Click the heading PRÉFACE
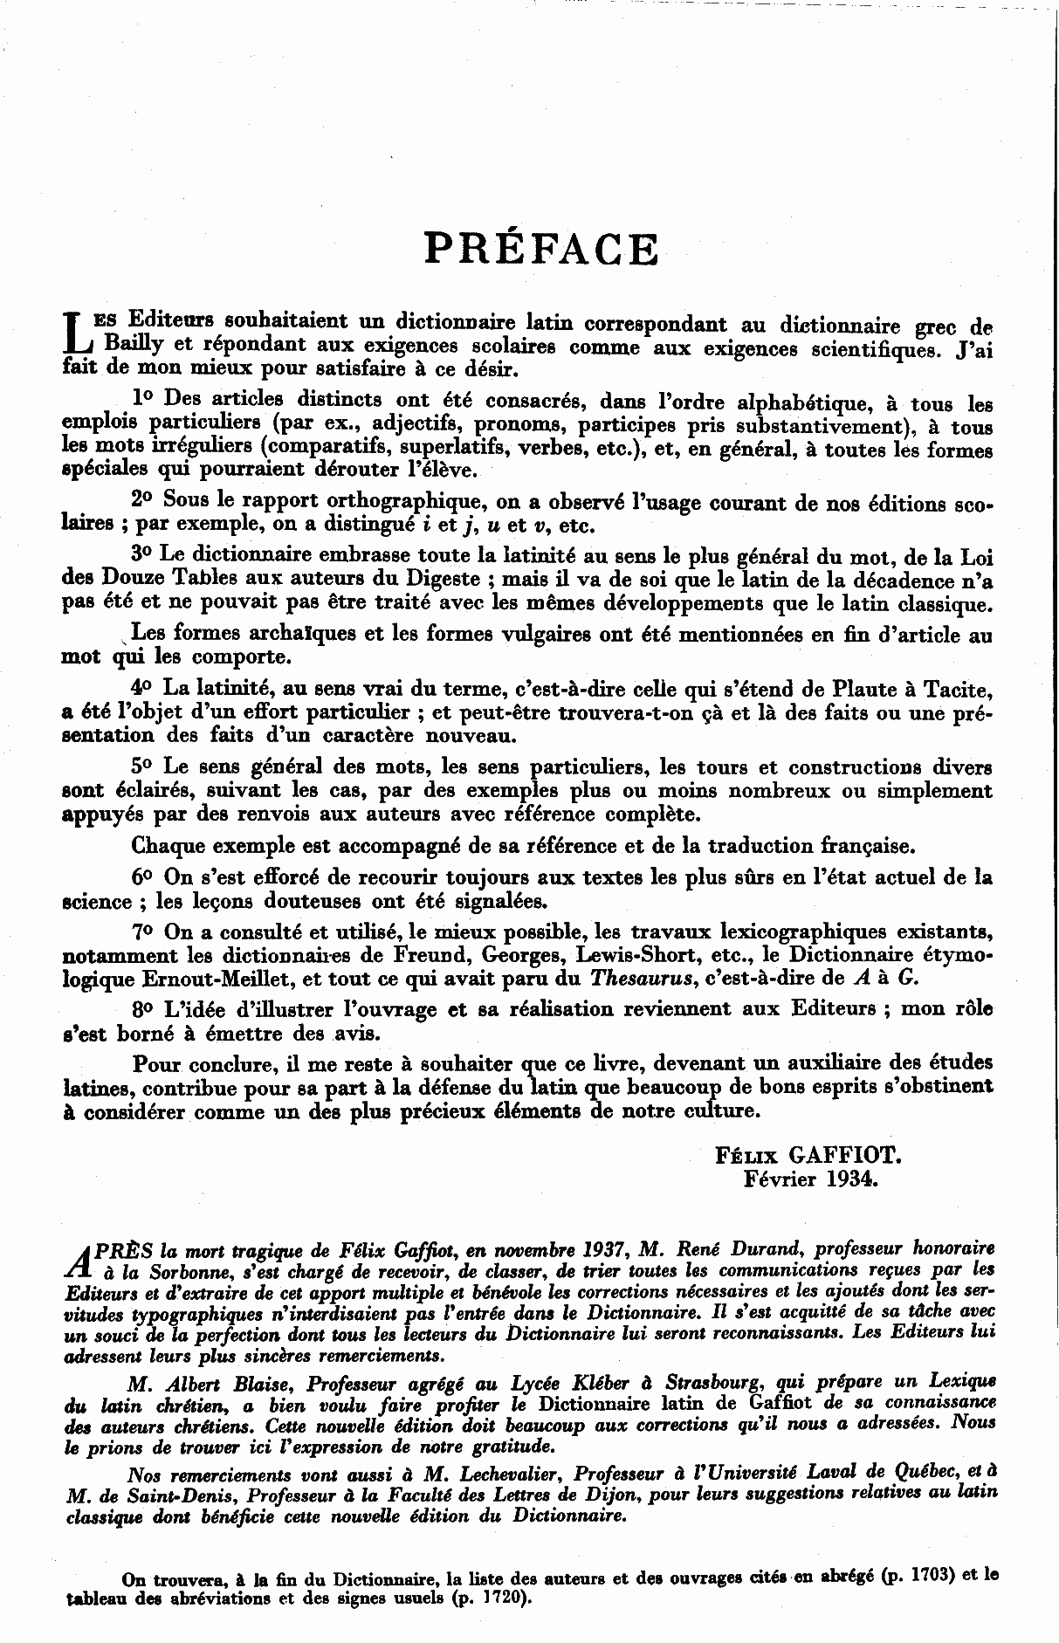point(540,249)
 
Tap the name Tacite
point(958,688)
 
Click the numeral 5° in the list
point(143,766)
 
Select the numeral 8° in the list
point(143,1008)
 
